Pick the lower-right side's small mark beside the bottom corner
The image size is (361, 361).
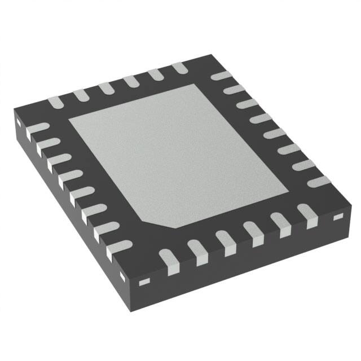[x=144, y=280]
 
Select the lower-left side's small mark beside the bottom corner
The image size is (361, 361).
[x=125, y=275]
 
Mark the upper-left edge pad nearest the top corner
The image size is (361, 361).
[x=180, y=68]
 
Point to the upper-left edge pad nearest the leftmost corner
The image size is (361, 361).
[x=55, y=102]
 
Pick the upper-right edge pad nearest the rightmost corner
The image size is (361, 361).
[x=319, y=182]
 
